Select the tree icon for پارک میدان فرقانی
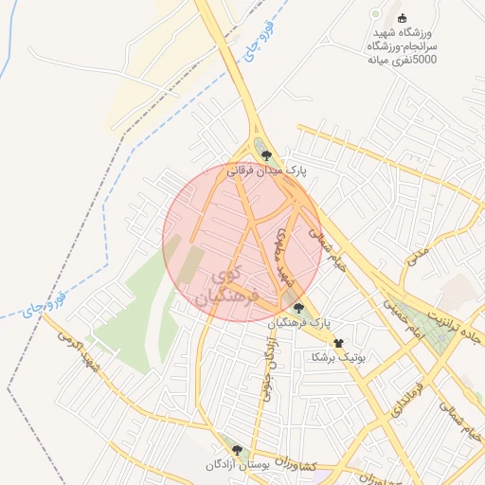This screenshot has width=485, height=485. point(267,156)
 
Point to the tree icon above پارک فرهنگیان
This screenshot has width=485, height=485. point(299,308)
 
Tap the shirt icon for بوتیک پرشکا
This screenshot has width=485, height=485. point(339,343)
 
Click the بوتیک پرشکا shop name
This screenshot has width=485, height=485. point(336,358)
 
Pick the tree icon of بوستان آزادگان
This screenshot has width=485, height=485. point(237,451)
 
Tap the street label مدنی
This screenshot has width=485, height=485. point(419,254)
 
